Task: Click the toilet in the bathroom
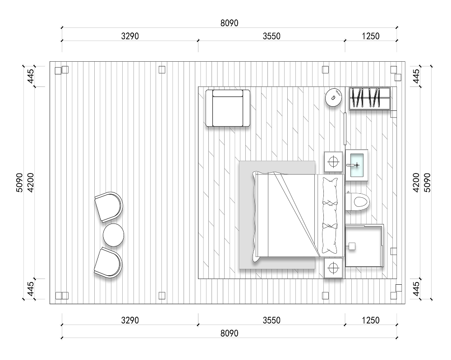358,201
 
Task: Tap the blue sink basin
357,165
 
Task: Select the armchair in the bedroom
228,108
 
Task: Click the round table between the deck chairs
113,235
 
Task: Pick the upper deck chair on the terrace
109,207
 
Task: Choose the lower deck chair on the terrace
108,263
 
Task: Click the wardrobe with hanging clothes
370,99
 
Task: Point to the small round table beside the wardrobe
334,97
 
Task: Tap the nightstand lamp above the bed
333,162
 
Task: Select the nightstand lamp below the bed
333,268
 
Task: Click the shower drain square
352,246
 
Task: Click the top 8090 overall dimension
229,23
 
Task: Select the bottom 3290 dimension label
130,320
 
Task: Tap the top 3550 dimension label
272,36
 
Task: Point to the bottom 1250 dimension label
371,320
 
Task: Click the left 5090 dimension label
19,182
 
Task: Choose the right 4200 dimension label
416,182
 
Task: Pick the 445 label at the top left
31,76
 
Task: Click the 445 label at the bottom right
416,289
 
